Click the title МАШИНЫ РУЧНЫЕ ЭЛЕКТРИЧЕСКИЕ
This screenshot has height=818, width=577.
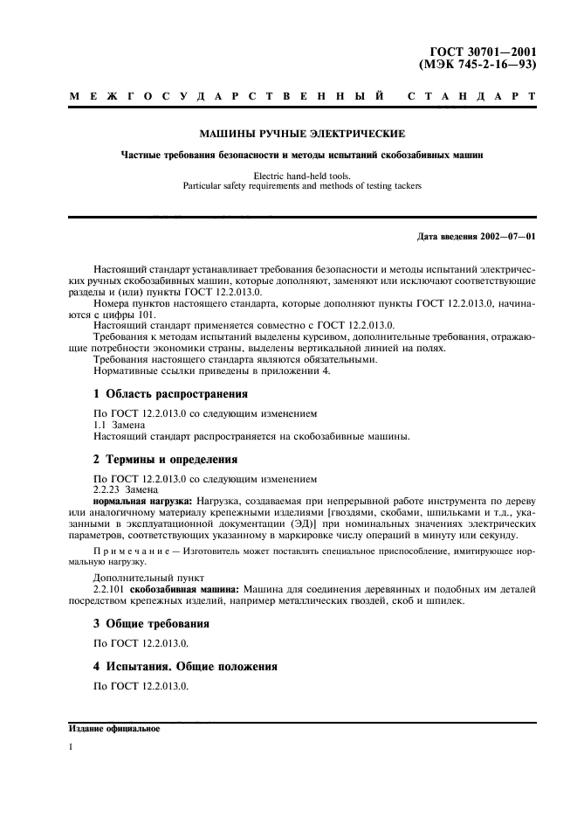tap(301, 135)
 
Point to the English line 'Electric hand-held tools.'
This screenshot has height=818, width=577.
tap(301, 176)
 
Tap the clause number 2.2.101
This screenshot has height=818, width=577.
tap(111, 591)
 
